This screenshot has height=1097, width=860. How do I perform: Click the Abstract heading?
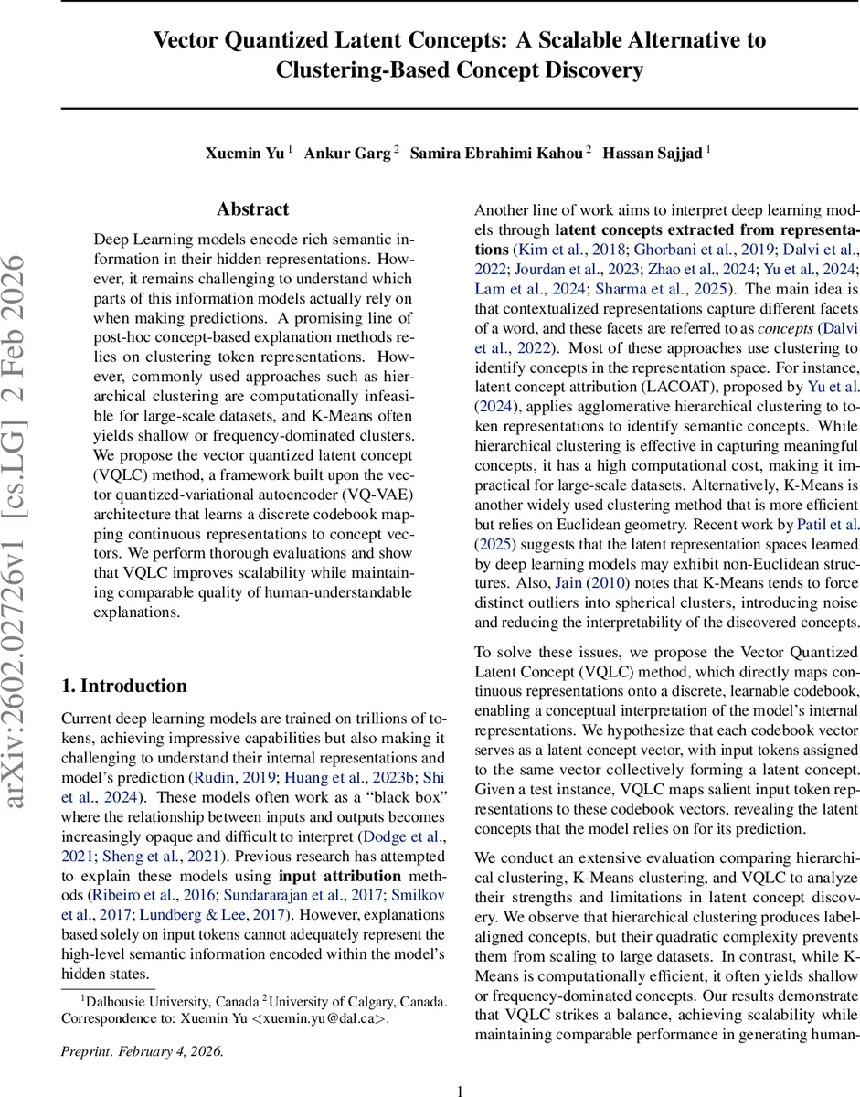(252, 210)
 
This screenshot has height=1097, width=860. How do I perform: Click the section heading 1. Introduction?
(123, 686)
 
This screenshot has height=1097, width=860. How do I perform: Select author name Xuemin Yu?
(245, 154)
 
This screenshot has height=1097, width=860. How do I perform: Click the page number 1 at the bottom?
(461, 1065)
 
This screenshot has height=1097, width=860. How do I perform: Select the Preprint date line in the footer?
(142, 1050)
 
